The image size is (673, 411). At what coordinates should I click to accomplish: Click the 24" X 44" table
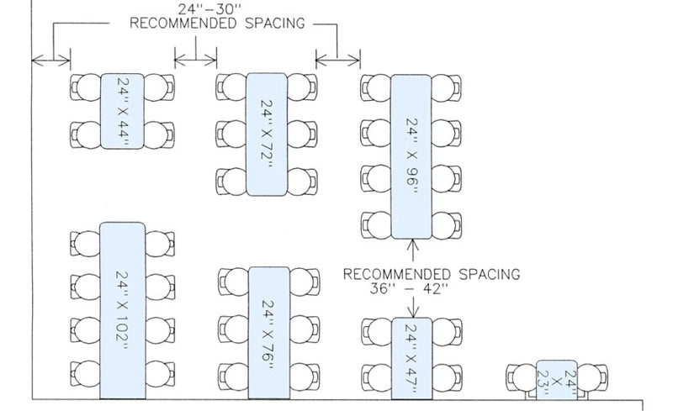123,111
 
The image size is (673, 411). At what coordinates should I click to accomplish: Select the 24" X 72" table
267,134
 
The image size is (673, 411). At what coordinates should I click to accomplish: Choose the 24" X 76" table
267,331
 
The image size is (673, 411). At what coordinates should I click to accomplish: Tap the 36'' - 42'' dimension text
409,288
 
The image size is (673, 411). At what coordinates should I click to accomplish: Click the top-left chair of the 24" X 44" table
86,87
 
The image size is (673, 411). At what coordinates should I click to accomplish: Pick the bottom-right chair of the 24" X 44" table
160,134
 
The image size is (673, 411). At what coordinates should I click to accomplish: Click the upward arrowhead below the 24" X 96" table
411,245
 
